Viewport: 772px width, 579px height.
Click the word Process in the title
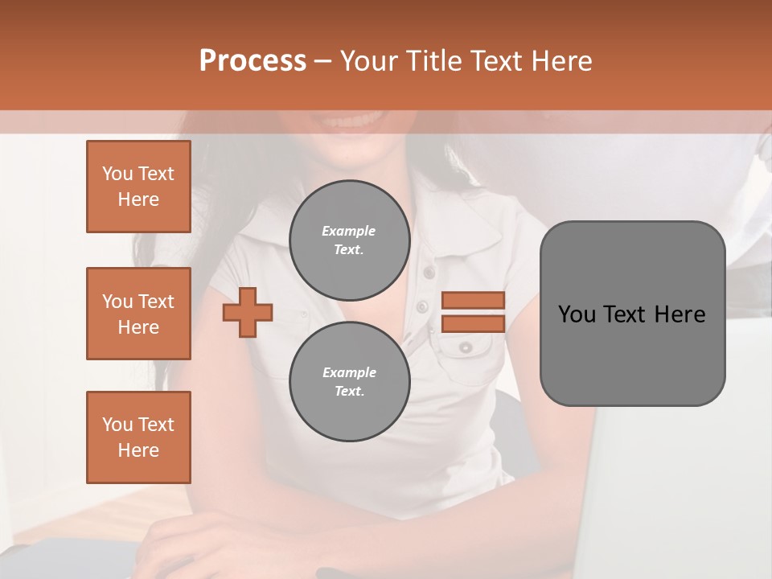coord(253,60)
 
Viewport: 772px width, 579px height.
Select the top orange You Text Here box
coord(138,187)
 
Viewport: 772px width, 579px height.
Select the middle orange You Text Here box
coord(138,314)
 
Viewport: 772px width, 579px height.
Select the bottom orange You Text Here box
coord(138,437)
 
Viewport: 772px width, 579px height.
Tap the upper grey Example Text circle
coord(349,240)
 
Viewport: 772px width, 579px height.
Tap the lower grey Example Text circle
coord(349,382)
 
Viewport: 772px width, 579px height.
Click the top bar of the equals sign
coord(473,300)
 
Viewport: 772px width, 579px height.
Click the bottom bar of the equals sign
coord(473,323)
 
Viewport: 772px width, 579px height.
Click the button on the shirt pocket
coord(466,347)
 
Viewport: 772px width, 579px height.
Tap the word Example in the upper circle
coord(349,231)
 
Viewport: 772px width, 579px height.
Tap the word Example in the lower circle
coord(349,372)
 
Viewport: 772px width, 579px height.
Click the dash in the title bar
coord(322,61)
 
